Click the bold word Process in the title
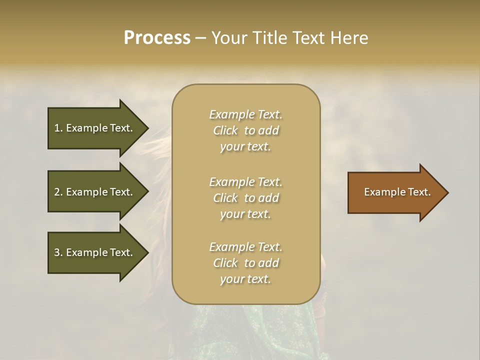coord(157,38)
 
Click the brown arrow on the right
coord(395,192)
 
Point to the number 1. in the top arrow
coord(58,128)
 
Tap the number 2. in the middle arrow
coord(58,192)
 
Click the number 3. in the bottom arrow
coord(58,252)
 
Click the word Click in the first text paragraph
coord(225,130)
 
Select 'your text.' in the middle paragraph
coord(245,214)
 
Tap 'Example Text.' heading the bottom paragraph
coord(245,247)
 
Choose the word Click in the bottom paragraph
coord(225,263)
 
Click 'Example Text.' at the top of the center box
coord(245,114)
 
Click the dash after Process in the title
coord(201,38)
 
